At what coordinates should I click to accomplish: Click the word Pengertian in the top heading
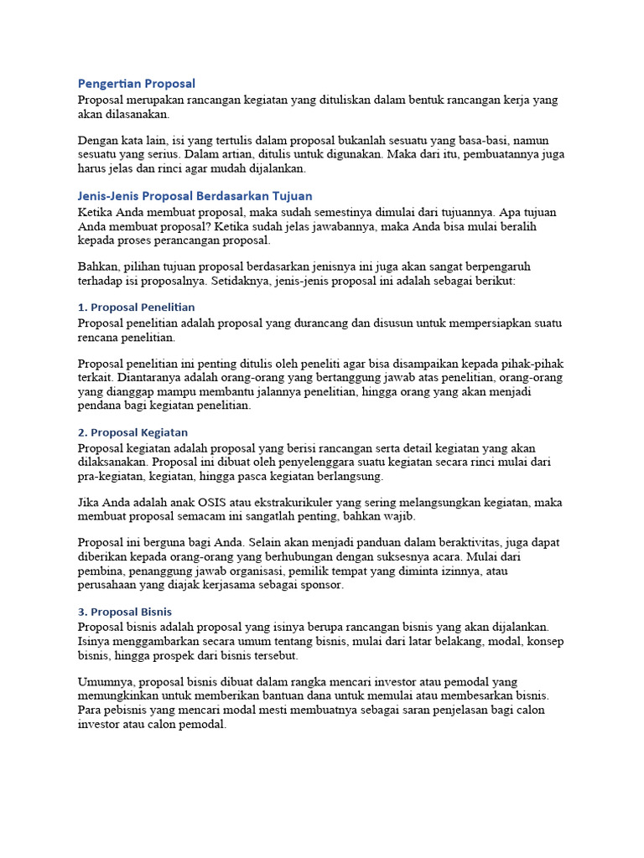point(109,84)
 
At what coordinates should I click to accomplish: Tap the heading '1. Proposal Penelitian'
point(136,308)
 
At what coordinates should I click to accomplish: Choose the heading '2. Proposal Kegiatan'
point(132,432)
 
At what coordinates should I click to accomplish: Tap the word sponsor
point(322,585)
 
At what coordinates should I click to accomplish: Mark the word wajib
point(399,516)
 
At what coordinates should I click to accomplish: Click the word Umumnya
point(105,682)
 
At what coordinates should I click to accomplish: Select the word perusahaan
point(111,585)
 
